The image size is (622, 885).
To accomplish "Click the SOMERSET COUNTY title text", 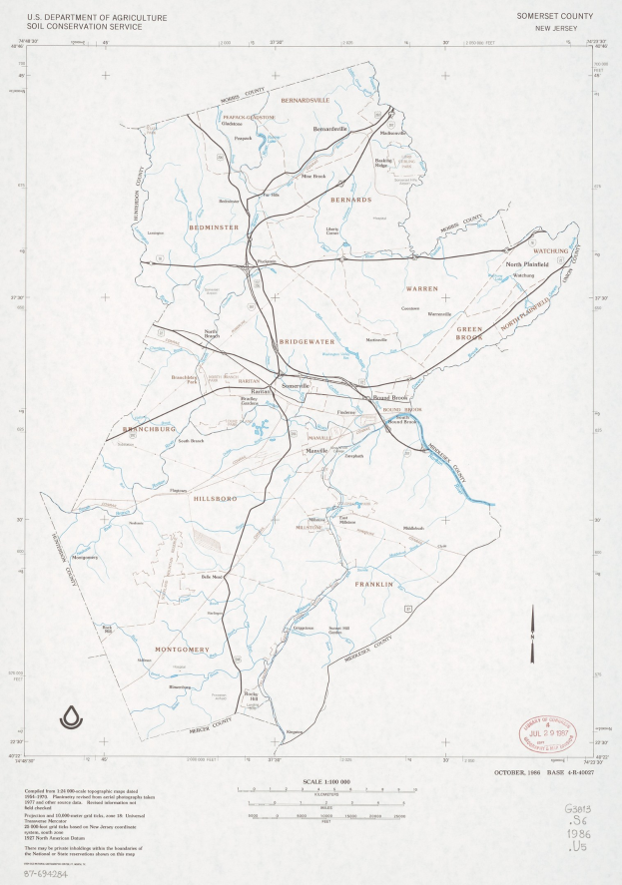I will point(555,17).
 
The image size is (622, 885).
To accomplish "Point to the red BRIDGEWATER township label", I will point(307,341).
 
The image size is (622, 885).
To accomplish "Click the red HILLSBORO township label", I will point(211,496).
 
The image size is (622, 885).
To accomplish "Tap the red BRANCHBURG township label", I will point(148,430).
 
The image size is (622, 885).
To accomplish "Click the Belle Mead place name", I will point(212,577).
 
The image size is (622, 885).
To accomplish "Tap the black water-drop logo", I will point(72,716).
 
